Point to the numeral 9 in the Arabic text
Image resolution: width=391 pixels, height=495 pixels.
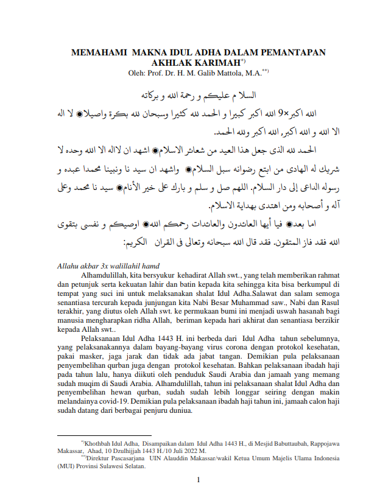tap(281, 113)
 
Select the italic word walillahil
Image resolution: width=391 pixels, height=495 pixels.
tap(125, 265)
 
